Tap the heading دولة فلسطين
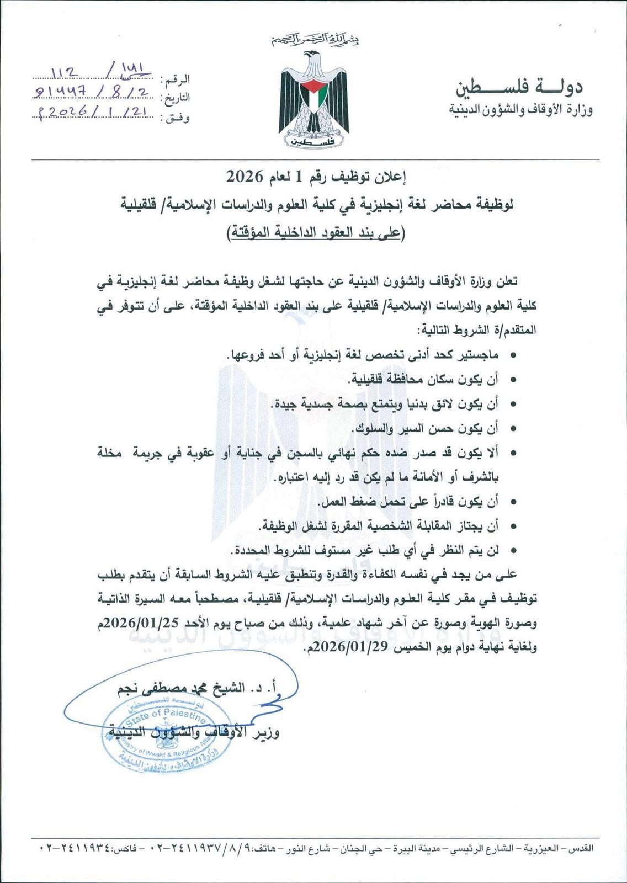519,87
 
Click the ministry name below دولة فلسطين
521,109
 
